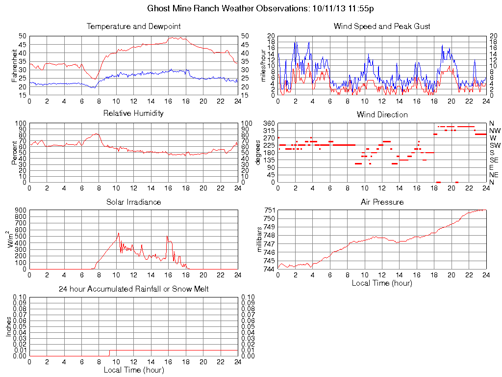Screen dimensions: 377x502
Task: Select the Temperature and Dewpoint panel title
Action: click(133, 27)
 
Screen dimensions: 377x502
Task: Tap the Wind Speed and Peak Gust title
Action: click(382, 27)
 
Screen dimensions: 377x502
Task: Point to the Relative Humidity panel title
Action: click(133, 113)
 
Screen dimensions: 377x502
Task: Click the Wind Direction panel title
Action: click(382, 115)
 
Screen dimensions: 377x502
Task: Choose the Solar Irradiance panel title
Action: click(133, 202)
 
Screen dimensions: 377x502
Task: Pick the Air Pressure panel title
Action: click(382, 202)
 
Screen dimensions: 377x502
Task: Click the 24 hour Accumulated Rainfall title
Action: click(133, 289)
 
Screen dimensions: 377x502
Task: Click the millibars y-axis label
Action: click(260, 240)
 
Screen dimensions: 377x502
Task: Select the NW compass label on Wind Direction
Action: click(494, 131)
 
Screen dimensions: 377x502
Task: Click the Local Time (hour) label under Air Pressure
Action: click(382, 283)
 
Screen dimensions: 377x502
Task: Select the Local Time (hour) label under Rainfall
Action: click(133, 370)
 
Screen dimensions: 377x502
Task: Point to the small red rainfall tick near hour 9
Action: click(109, 353)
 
